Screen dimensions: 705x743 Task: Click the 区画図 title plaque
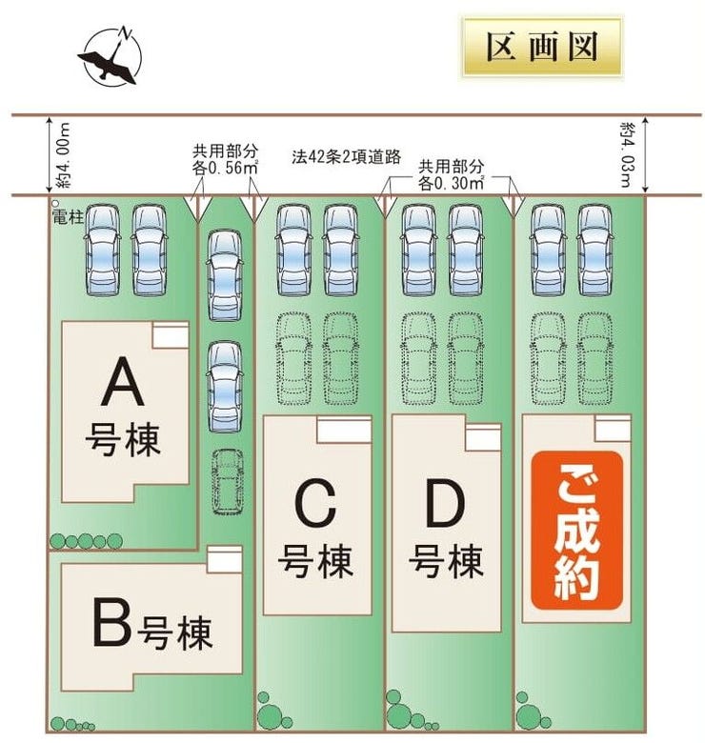tap(541, 47)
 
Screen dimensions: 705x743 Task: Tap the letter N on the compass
tap(126, 33)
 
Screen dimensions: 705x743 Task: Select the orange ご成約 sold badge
tap(576, 531)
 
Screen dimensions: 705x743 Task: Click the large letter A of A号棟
tap(123, 382)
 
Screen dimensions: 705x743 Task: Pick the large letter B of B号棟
tap(111, 622)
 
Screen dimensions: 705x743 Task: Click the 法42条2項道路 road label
tap(347, 157)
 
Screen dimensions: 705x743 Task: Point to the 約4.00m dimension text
tap(63, 155)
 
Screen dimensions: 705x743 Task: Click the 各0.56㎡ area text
tap(225, 168)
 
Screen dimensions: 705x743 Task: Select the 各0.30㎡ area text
tap(451, 183)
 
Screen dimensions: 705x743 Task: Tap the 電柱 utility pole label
tap(68, 217)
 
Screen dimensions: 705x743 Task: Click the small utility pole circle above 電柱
tap(55, 203)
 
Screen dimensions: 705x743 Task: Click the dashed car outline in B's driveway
tap(228, 481)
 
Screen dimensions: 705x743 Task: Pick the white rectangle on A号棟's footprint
tap(171, 335)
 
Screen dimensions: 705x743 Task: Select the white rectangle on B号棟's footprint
tap(225, 559)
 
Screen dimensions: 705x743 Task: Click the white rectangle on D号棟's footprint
tap(483, 437)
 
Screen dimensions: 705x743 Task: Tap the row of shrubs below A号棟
tap(87, 541)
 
